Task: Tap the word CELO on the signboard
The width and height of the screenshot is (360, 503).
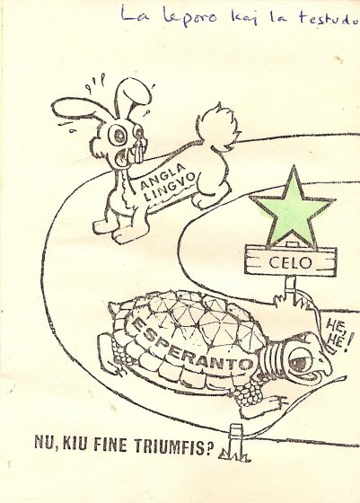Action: [290, 263]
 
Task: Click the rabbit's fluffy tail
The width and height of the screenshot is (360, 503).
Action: [219, 126]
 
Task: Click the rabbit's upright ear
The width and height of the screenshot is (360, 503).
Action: [132, 95]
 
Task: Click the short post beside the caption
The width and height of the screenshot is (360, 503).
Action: [236, 442]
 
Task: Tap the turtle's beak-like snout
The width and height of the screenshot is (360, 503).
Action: [324, 363]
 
